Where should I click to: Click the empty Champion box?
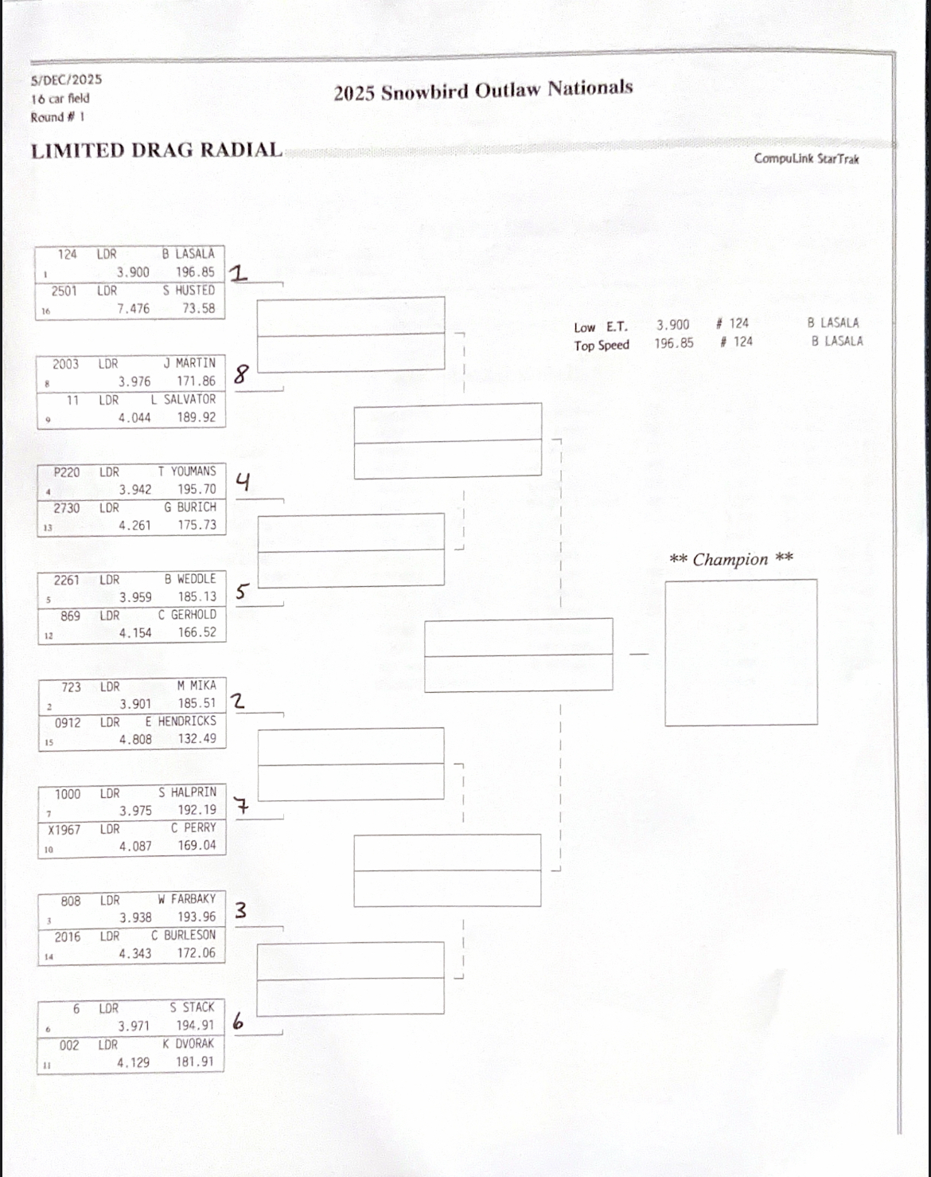[x=741, y=652]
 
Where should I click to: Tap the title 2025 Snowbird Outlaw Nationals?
[x=483, y=90]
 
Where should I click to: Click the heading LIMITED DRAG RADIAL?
[x=157, y=151]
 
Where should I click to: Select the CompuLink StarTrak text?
[x=806, y=158]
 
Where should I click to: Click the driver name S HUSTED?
[x=189, y=291]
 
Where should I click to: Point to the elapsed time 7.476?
[x=133, y=308]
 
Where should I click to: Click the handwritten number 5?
[x=242, y=592]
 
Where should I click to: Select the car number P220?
[x=67, y=472]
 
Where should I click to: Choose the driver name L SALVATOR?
[x=183, y=400]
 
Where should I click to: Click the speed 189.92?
[x=196, y=417]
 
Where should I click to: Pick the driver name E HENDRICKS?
[x=181, y=721]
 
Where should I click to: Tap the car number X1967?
[x=64, y=830]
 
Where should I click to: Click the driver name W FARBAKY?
[x=186, y=899]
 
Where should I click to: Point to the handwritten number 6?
[x=238, y=1021]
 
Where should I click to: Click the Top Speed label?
[x=602, y=346]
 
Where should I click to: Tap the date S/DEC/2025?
[x=67, y=80]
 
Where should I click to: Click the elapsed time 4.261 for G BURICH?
[x=134, y=526]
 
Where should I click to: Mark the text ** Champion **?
[x=730, y=559]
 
